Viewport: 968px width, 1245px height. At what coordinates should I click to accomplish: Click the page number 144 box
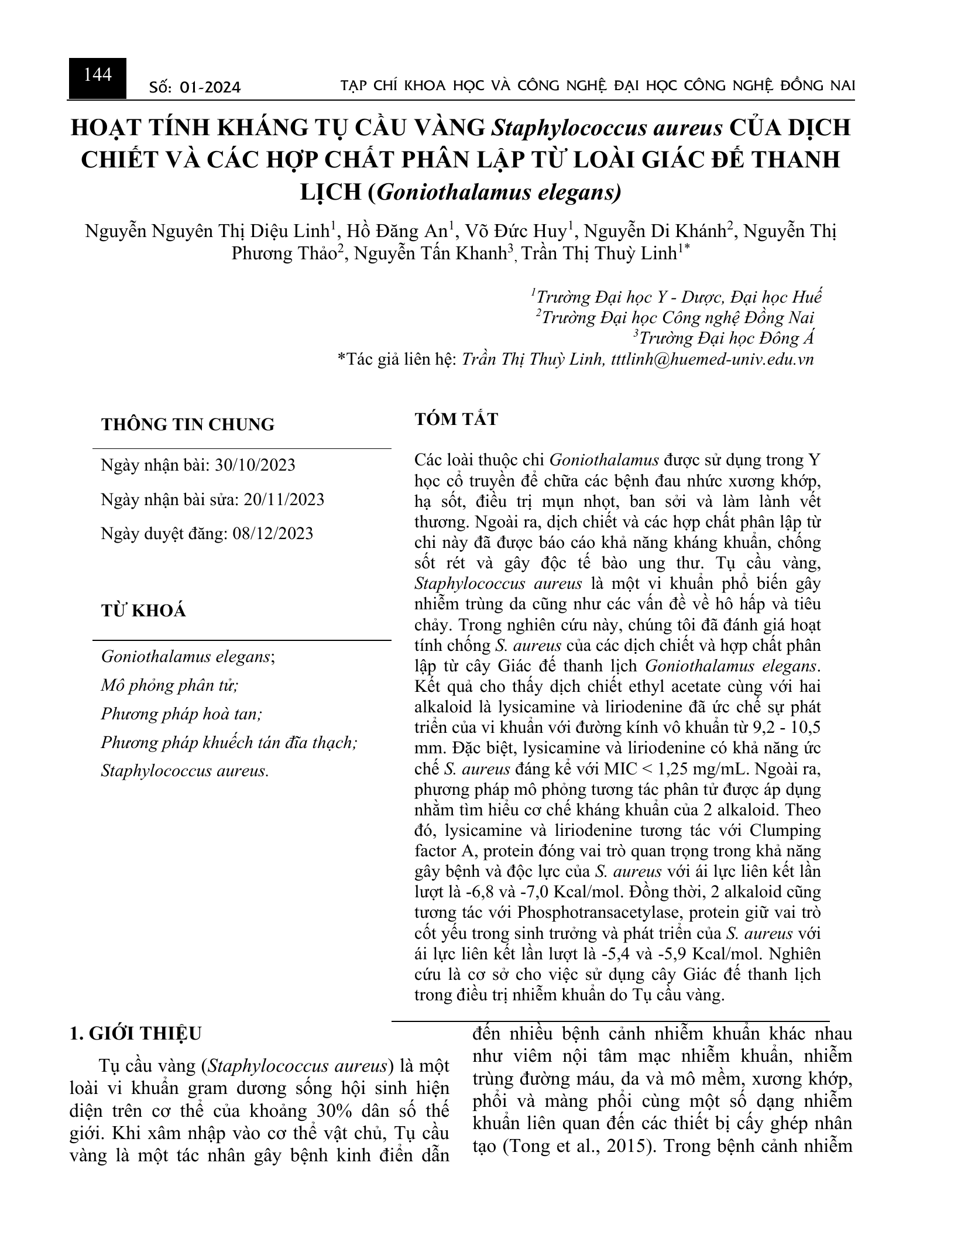point(98,77)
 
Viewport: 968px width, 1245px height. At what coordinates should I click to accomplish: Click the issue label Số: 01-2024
point(195,88)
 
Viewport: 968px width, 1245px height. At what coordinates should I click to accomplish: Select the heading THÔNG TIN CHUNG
point(187,424)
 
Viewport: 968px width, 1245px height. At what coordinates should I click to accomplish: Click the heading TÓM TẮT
point(456,419)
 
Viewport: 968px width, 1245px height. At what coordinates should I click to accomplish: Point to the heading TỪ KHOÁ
point(143,611)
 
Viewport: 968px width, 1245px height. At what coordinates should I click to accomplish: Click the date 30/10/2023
point(255,465)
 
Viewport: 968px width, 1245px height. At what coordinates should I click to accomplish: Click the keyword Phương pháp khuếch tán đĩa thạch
point(229,742)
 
